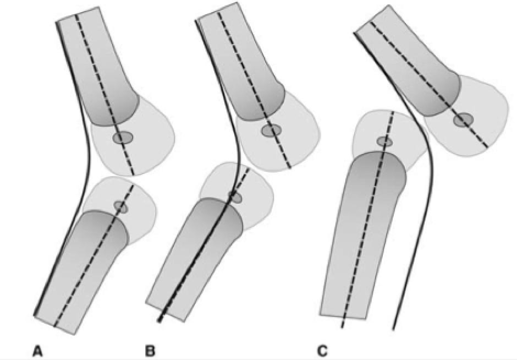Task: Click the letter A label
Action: pos(37,350)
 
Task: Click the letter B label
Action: pos(150,350)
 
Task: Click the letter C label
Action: pos(322,350)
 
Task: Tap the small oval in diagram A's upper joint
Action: pos(123,138)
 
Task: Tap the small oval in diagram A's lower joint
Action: pos(120,207)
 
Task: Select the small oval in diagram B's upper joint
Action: pos(271,130)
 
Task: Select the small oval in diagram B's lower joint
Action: pos(235,197)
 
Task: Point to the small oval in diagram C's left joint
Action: pos(384,142)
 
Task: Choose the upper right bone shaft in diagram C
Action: pos(407,61)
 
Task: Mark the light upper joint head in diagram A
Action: pos(146,143)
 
